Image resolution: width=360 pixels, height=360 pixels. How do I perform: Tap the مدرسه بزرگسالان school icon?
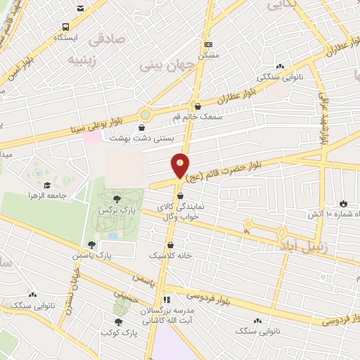point(167,299)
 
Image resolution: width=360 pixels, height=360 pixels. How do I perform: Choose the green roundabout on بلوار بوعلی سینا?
point(146,114)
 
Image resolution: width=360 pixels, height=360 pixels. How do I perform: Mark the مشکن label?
point(208,53)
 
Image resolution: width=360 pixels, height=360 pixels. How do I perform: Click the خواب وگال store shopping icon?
point(181,196)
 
